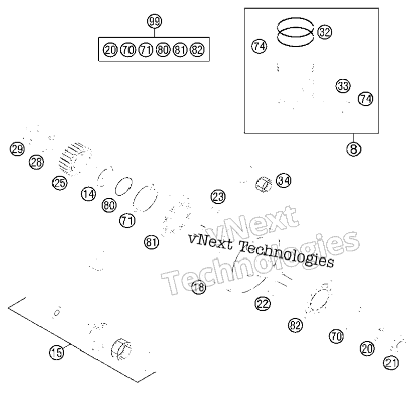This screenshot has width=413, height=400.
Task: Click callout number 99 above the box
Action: tap(154, 22)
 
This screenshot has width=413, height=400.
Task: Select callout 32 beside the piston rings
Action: tap(324, 32)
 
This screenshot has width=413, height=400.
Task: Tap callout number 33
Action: tap(343, 86)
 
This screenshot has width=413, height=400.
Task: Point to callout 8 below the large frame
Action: tap(354, 149)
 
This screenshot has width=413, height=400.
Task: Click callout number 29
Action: tap(17, 149)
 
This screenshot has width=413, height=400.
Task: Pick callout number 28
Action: tap(37, 162)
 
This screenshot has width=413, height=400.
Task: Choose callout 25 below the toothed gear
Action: tap(60, 183)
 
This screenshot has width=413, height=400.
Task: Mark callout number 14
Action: tap(89, 194)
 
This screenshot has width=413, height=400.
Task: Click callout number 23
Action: tap(218, 197)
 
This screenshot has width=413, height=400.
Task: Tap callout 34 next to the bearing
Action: tap(284, 181)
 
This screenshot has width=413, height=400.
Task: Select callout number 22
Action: tap(263, 304)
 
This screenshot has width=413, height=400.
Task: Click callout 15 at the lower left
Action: tap(57, 352)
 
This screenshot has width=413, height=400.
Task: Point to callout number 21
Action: tap(391, 363)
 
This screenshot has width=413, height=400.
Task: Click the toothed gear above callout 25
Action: tap(75, 159)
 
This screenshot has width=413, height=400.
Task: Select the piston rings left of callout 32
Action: tap(295, 32)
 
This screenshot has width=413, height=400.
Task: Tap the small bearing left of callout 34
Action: tap(264, 184)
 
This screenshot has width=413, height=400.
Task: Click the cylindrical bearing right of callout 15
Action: tap(121, 349)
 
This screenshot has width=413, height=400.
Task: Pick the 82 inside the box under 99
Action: tap(197, 50)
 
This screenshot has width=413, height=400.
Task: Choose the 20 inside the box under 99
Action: tap(110, 50)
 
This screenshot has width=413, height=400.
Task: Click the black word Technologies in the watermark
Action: tap(286, 253)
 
